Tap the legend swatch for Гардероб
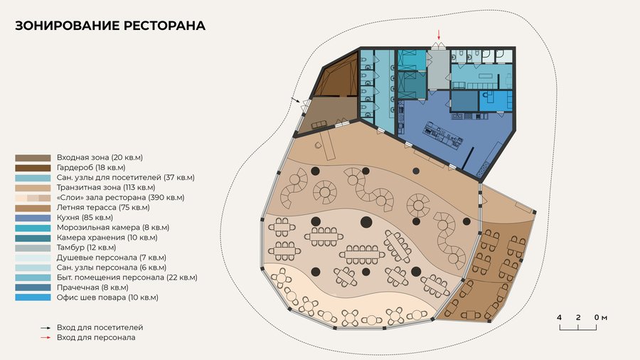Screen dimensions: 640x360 coord(33,168)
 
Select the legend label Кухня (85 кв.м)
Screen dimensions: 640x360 coord(85,218)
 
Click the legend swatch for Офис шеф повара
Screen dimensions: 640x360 coord(33,297)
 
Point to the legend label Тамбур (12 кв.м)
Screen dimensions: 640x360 coord(87,248)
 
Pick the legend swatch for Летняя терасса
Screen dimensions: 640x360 coord(33,208)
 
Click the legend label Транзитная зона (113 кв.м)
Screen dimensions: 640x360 coord(106,188)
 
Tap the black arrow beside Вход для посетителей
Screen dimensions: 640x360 coord(46,328)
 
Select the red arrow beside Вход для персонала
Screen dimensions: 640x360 coord(46,337)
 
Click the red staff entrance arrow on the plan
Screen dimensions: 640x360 coord(439,35)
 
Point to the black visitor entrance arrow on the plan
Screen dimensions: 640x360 coord(296,100)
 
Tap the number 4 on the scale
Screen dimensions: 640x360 coord(559,317)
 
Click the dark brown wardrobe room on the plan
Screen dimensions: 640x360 coord(338,78)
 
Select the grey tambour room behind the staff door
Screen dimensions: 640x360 coord(439,70)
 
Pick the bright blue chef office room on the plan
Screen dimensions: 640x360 coord(495,101)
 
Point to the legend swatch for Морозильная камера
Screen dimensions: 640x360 coord(33,228)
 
